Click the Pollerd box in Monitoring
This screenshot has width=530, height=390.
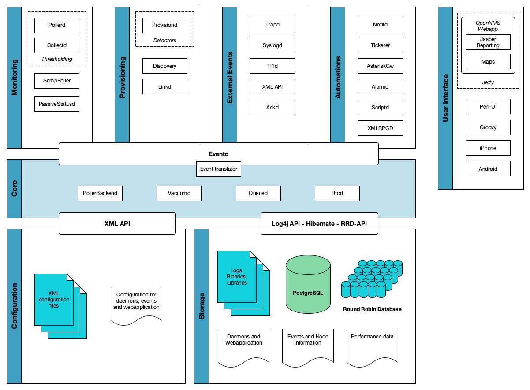click(x=56, y=25)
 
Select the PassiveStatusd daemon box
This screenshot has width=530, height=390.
click(x=56, y=104)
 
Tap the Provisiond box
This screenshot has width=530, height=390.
click(x=164, y=25)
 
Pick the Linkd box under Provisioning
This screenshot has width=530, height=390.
click(x=164, y=87)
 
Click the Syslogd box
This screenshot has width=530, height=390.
click(x=272, y=45)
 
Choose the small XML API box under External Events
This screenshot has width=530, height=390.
click(x=272, y=87)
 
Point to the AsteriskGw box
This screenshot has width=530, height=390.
click(x=380, y=66)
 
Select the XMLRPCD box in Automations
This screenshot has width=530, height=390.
click(x=380, y=128)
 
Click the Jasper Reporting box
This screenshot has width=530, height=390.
click(x=488, y=42)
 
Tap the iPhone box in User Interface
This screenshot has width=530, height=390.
click(x=488, y=148)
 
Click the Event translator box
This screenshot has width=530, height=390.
click(x=218, y=169)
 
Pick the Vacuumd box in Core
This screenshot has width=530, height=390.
click(x=179, y=193)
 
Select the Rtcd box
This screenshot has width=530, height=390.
click(x=337, y=193)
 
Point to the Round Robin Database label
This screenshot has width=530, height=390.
click(x=372, y=309)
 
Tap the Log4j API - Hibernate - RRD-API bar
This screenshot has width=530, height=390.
click(x=319, y=224)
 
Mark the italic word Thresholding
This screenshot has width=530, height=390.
click(x=56, y=59)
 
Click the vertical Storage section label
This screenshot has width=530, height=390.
click(x=202, y=306)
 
